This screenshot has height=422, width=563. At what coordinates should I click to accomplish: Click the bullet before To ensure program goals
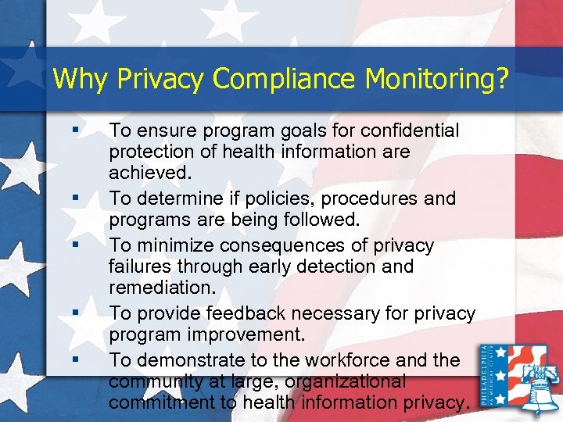click(74, 125)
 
